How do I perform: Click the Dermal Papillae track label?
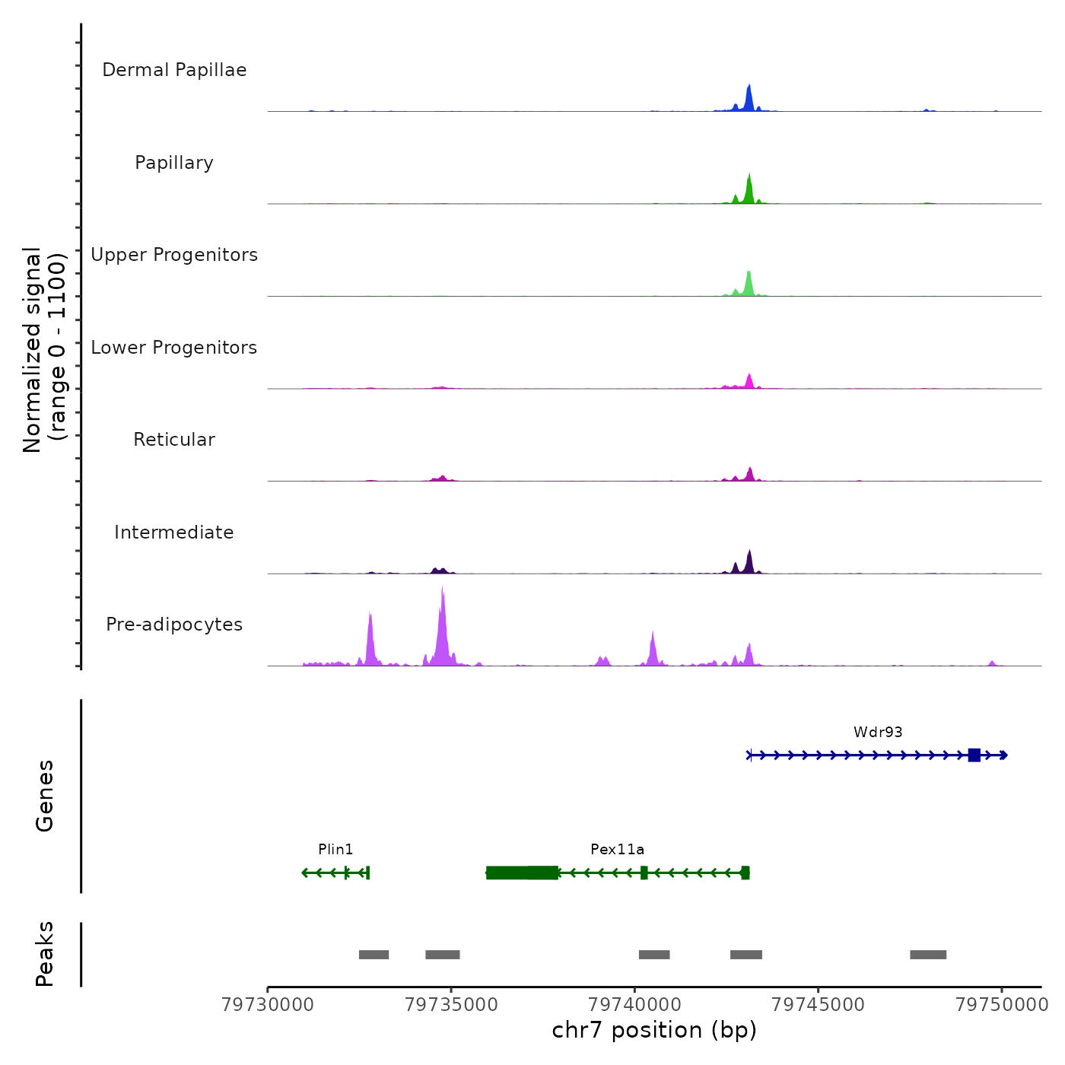[174, 70]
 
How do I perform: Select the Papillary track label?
[174, 163]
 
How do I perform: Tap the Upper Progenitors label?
[174, 255]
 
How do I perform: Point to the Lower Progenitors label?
[174, 348]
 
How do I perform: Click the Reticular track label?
[174, 440]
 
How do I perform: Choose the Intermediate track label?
[174, 532]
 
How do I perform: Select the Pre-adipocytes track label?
[174, 625]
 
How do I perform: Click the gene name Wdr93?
[878, 732]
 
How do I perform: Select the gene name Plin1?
[335, 849]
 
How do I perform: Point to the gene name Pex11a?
[617, 849]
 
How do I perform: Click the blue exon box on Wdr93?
[974, 755]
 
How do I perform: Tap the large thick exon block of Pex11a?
[522, 873]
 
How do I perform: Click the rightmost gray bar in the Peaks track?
[928, 955]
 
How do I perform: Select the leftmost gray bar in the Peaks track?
[374, 955]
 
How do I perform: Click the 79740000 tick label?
[635, 1004]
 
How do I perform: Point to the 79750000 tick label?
[1002, 1004]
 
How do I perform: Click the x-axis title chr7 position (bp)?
[654, 1030]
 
